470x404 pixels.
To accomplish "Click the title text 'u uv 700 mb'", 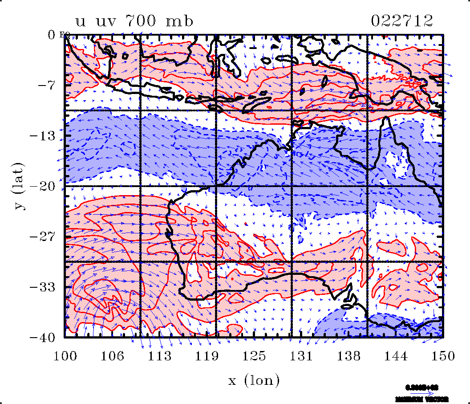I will pos(134,21).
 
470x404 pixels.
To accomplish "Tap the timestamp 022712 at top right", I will pos(401,21).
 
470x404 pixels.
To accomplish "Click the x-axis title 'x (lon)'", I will pos(254,380).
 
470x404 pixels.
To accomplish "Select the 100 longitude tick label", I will pos(65,356).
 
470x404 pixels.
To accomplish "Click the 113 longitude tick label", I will pos(160,356).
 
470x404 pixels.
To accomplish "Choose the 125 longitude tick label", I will pos(254,356).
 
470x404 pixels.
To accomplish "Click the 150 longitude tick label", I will pos(443,356).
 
